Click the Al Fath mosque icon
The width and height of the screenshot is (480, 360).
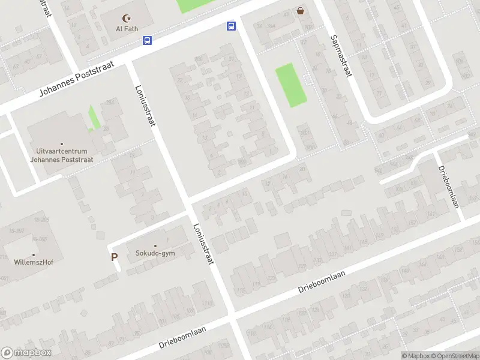pos(126,19)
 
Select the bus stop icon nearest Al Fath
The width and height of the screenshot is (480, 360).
pos(147,40)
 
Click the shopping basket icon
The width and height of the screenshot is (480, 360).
pos(300,10)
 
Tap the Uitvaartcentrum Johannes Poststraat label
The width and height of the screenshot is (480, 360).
pos(62,155)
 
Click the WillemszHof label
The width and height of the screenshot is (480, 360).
pos(33,262)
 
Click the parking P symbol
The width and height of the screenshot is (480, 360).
pos(114,257)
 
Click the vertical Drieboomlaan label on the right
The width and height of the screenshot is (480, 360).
pos(448,186)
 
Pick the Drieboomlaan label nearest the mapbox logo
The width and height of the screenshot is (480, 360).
pos(182,337)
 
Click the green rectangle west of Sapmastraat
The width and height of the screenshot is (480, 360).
pos(291,85)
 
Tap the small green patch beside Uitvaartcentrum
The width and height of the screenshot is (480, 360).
pos(94,116)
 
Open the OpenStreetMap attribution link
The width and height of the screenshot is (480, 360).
pos(455,356)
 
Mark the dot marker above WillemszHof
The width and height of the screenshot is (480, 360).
pos(33,254)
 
